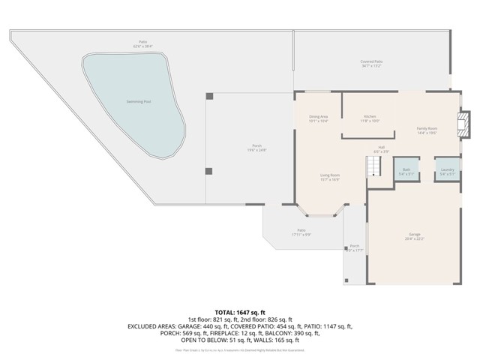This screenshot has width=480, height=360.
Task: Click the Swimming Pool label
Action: [x=138, y=100]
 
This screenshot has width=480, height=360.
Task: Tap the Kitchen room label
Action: [x=370, y=117]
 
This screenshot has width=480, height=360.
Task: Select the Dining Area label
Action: [x=319, y=117]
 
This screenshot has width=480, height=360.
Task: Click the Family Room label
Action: [x=427, y=129]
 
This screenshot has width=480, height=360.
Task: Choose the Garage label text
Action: [x=414, y=234]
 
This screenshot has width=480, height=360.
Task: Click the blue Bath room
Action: [x=406, y=169]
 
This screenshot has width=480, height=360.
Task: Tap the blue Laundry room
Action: [x=448, y=169]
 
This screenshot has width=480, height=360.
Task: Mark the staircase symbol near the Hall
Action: [x=373, y=168]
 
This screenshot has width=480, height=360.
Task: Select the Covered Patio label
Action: [x=371, y=62]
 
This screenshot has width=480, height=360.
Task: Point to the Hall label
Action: [x=381, y=147]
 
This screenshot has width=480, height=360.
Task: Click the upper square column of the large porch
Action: [x=209, y=97]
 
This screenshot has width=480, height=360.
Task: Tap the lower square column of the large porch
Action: [x=209, y=171]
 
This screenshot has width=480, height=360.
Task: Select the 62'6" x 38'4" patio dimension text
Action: [x=142, y=46]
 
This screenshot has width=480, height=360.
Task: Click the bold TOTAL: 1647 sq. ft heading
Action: [x=240, y=311]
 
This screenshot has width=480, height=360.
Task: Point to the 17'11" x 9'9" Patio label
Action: [x=301, y=233]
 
